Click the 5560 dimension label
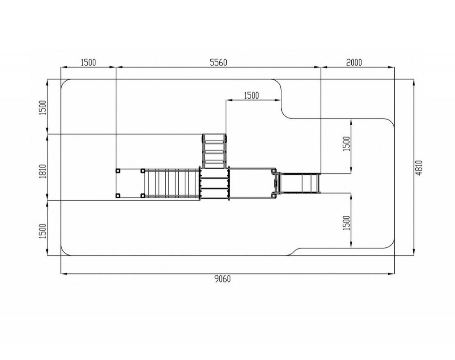click(x=218, y=63)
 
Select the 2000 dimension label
click(x=354, y=63)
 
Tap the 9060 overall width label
click(x=223, y=279)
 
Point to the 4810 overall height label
click(x=419, y=168)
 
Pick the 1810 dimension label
click(x=43, y=171)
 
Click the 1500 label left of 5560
click(x=88, y=63)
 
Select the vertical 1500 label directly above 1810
click(x=43, y=107)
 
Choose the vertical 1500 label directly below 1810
click(x=43, y=231)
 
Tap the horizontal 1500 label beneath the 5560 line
click(x=251, y=95)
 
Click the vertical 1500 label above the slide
click(x=346, y=144)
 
